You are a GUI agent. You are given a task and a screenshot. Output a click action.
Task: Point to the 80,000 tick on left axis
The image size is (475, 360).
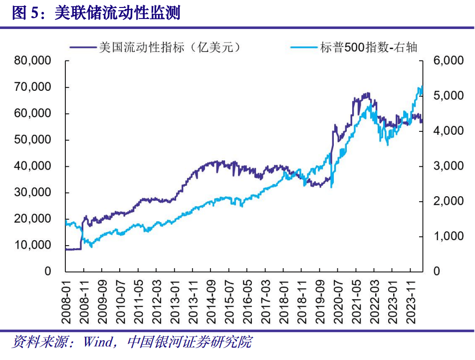[34, 61]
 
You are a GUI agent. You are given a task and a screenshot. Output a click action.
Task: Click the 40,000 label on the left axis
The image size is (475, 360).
[34, 166]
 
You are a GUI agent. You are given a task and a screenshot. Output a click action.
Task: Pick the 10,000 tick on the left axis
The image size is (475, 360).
[34, 245]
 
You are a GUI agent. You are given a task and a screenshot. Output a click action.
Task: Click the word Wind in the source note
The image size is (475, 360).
[99, 343]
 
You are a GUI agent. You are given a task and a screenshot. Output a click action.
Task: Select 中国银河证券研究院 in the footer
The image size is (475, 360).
[190, 343]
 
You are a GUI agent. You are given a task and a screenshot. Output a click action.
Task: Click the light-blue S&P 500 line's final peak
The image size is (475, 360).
[422, 86]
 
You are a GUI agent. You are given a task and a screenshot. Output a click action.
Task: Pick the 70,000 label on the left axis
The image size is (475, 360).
[34, 87]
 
